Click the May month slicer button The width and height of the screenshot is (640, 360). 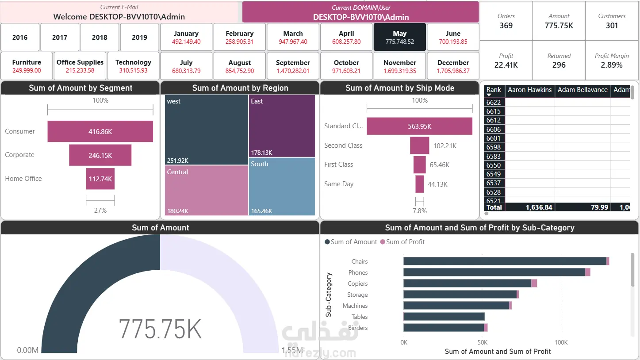[399, 37]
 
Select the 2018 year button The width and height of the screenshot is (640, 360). [100, 37]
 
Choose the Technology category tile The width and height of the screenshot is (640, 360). [133, 66]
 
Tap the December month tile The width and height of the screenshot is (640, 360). [453, 66]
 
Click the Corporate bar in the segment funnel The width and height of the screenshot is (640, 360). [100, 155]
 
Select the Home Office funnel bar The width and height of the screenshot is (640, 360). [100, 179]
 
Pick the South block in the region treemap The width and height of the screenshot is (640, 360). [282, 187]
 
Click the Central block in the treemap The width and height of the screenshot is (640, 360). [206, 190]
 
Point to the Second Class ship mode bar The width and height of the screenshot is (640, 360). [419, 146]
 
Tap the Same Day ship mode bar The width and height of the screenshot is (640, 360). [419, 184]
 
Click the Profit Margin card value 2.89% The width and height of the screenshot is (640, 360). [611, 65]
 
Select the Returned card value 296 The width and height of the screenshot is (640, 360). [559, 65]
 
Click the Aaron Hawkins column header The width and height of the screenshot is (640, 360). [530, 90]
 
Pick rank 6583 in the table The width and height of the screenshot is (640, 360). [494, 156]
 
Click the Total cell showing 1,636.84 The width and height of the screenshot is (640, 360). [539, 207]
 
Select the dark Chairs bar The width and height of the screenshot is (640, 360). [505, 261]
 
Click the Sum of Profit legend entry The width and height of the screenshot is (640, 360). [402, 242]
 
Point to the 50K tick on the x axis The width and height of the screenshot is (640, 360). [482, 342]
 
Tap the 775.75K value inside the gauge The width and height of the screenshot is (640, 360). [160, 329]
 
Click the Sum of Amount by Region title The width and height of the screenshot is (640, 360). [240, 88]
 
